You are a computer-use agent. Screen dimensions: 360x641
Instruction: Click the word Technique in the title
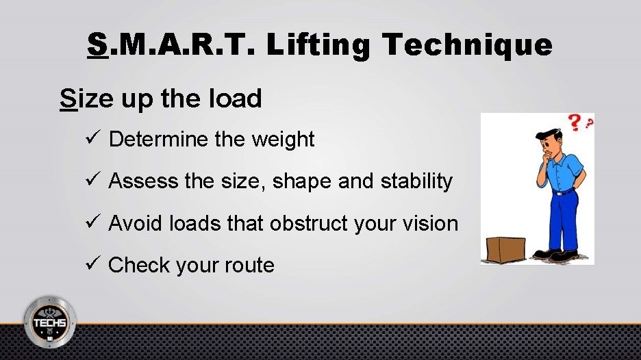pos(468,45)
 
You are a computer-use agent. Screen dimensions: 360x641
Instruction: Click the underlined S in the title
pos(98,45)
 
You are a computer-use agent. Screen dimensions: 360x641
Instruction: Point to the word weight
pos(283,140)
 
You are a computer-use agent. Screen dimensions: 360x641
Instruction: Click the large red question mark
pos(574,125)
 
